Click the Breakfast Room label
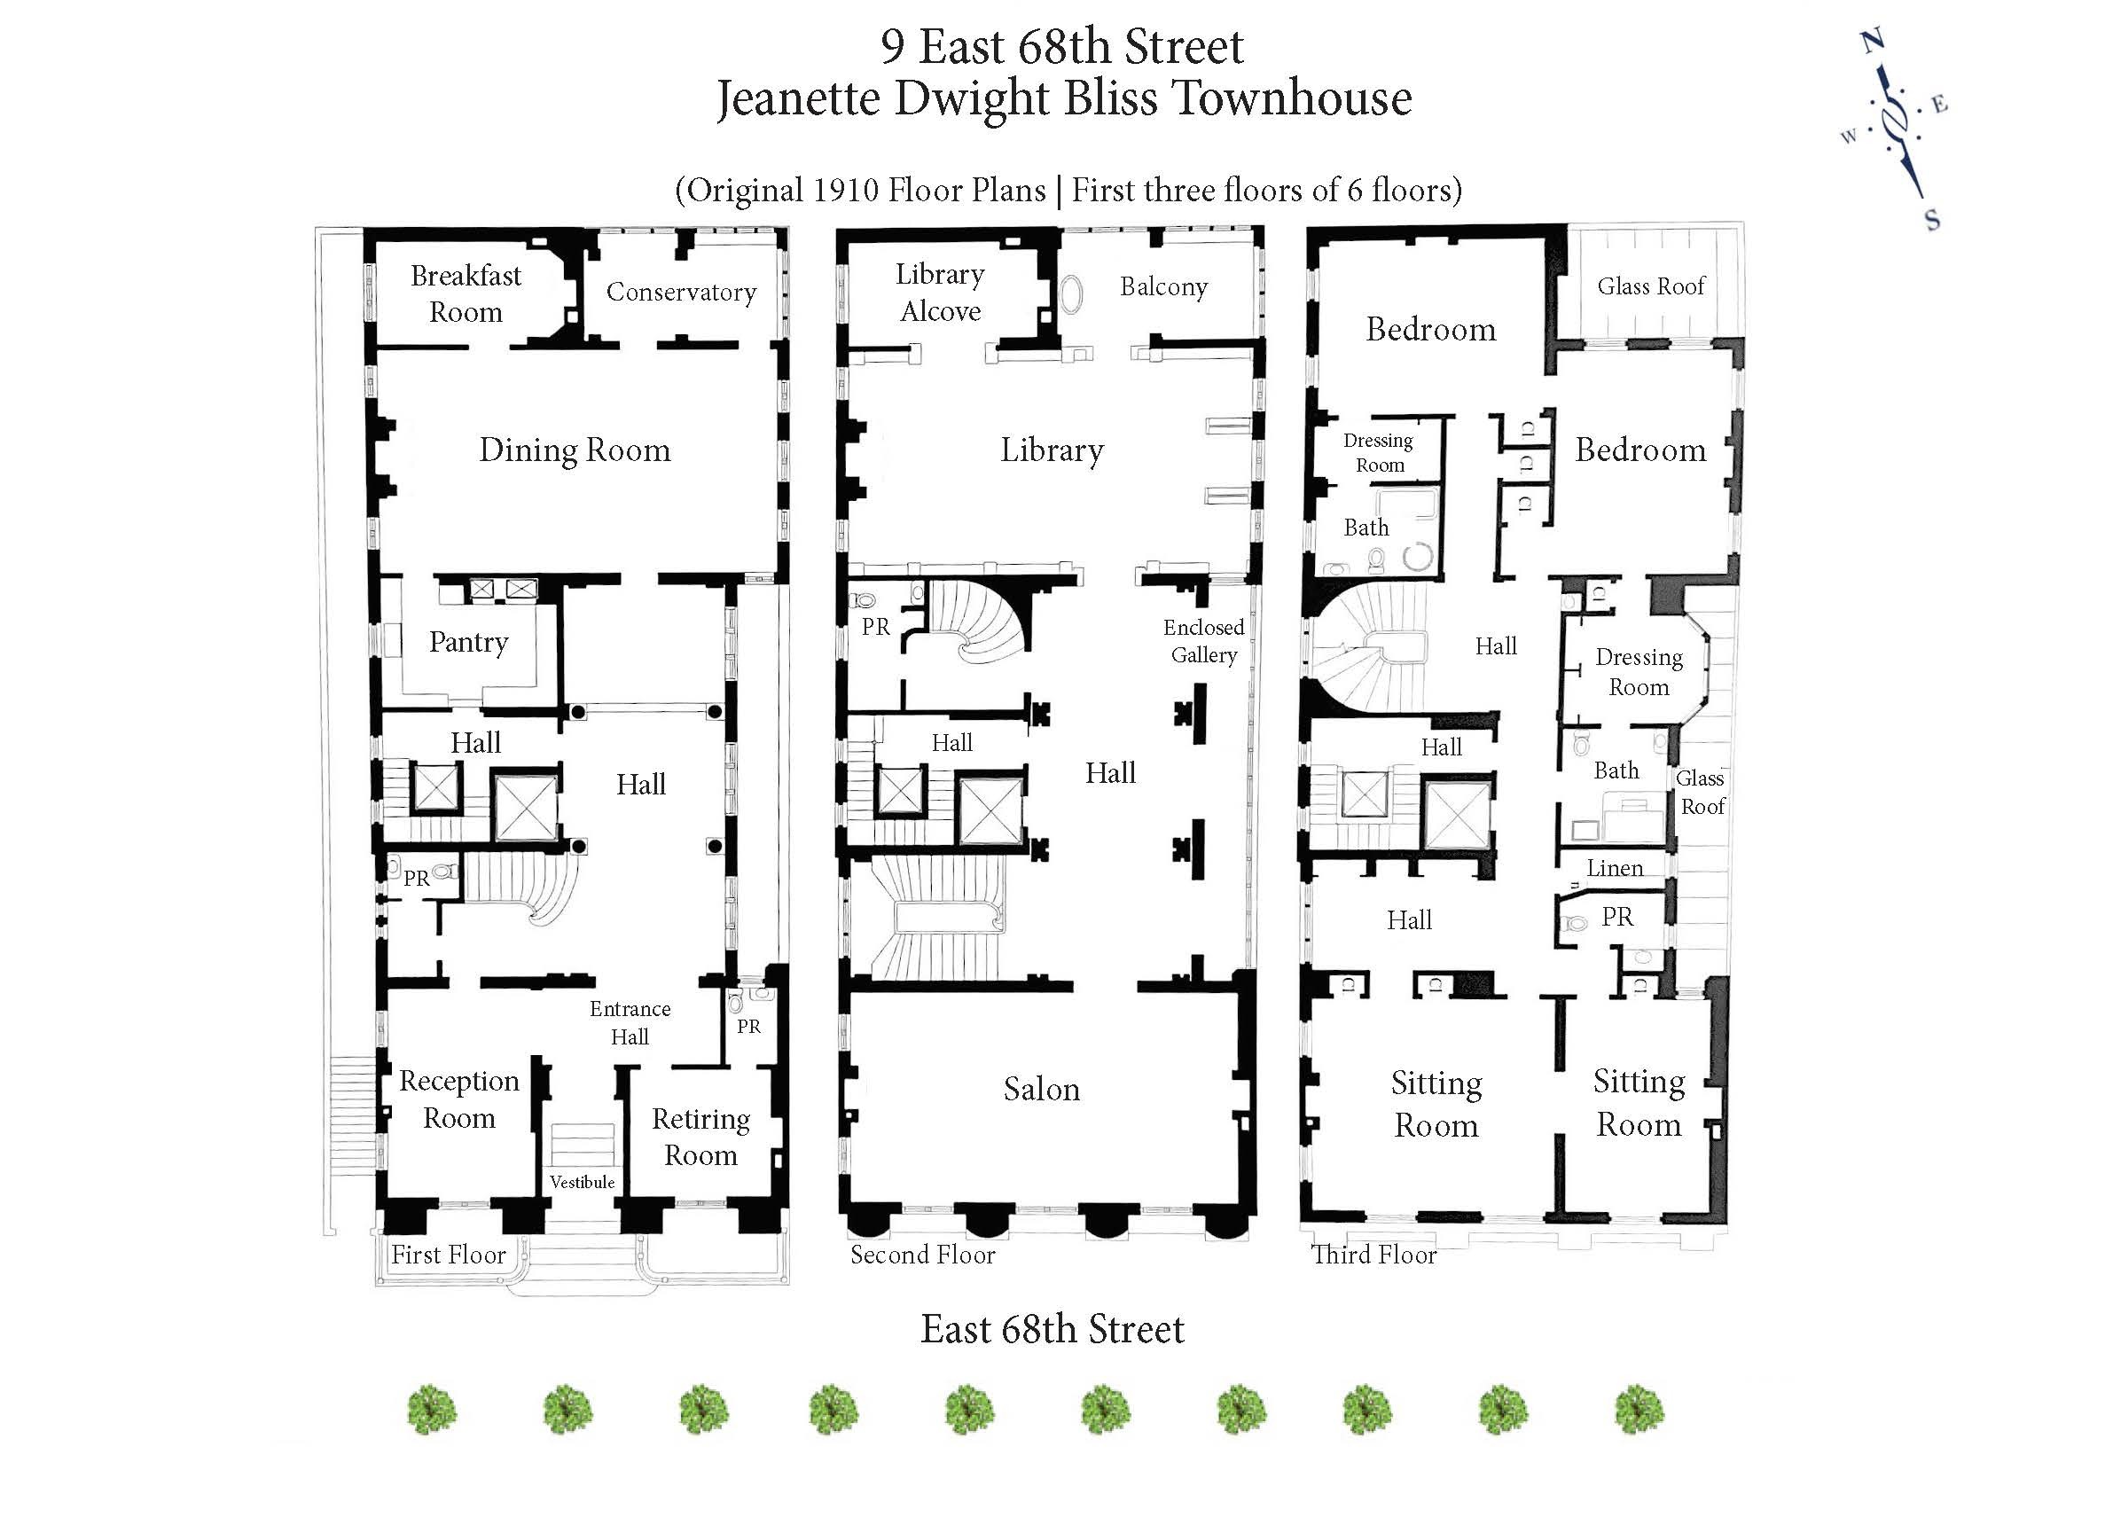pyautogui.click(x=466, y=293)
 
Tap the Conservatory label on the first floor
pyautogui.click(x=680, y=292)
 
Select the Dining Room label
pyautogui.click(x=575, y=450)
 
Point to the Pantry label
pyautogui.click(x=468, y=641)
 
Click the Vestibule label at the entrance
pyautogui.click(x=582, y=1182)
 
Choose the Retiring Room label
pyautogui.click(x=700, y=1137)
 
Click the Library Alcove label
pyautogui.click(x=940, y=293)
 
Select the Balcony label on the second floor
pyautogui.click(x=1163, y=286)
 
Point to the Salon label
pyautogui.click(x=1041, y=1089)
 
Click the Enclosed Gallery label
pyautogui.click(x=1204, y=640)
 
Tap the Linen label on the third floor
pyautogui.click(x=1615, y=868)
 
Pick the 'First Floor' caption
pyautogui.click(x=449, y=1255)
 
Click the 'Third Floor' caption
pyautogui.click(x=1373, y=1255)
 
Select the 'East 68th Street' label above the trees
pyautogui.click(x=1052, y=1329)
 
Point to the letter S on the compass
pyautogui.click(x=1932, y=220)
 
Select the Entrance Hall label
pyautogui.click(x=630, y=1022)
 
